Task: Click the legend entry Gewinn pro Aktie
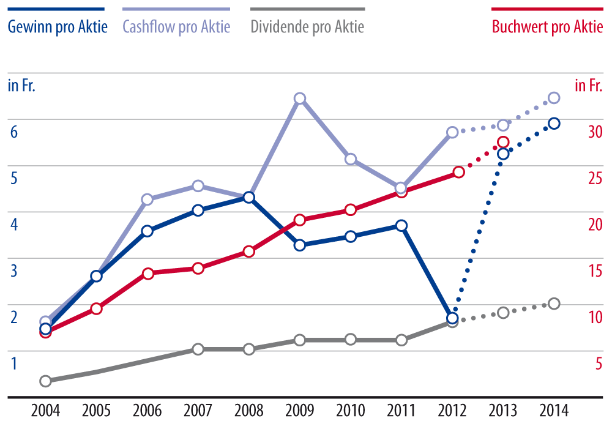point(57,27)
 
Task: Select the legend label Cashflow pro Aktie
point(176,27)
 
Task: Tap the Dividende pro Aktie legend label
point(307,27)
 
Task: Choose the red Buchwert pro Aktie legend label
point(548,27)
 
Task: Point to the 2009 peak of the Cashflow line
point(299,99)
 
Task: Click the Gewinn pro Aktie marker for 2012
point(452,318)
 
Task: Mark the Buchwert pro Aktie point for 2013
point(503,142)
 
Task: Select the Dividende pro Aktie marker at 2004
point(45,381)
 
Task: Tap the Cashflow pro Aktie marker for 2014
point(554,98)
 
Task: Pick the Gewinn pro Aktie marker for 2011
point(401,226)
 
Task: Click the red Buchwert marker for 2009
point(299,220)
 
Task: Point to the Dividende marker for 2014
point(554,304)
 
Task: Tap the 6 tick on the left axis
point(15,132)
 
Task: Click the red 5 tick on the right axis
point(599,363)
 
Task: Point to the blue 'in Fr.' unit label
point(21,85)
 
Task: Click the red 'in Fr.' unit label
point(589,85)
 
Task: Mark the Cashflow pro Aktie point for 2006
point(147,199)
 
